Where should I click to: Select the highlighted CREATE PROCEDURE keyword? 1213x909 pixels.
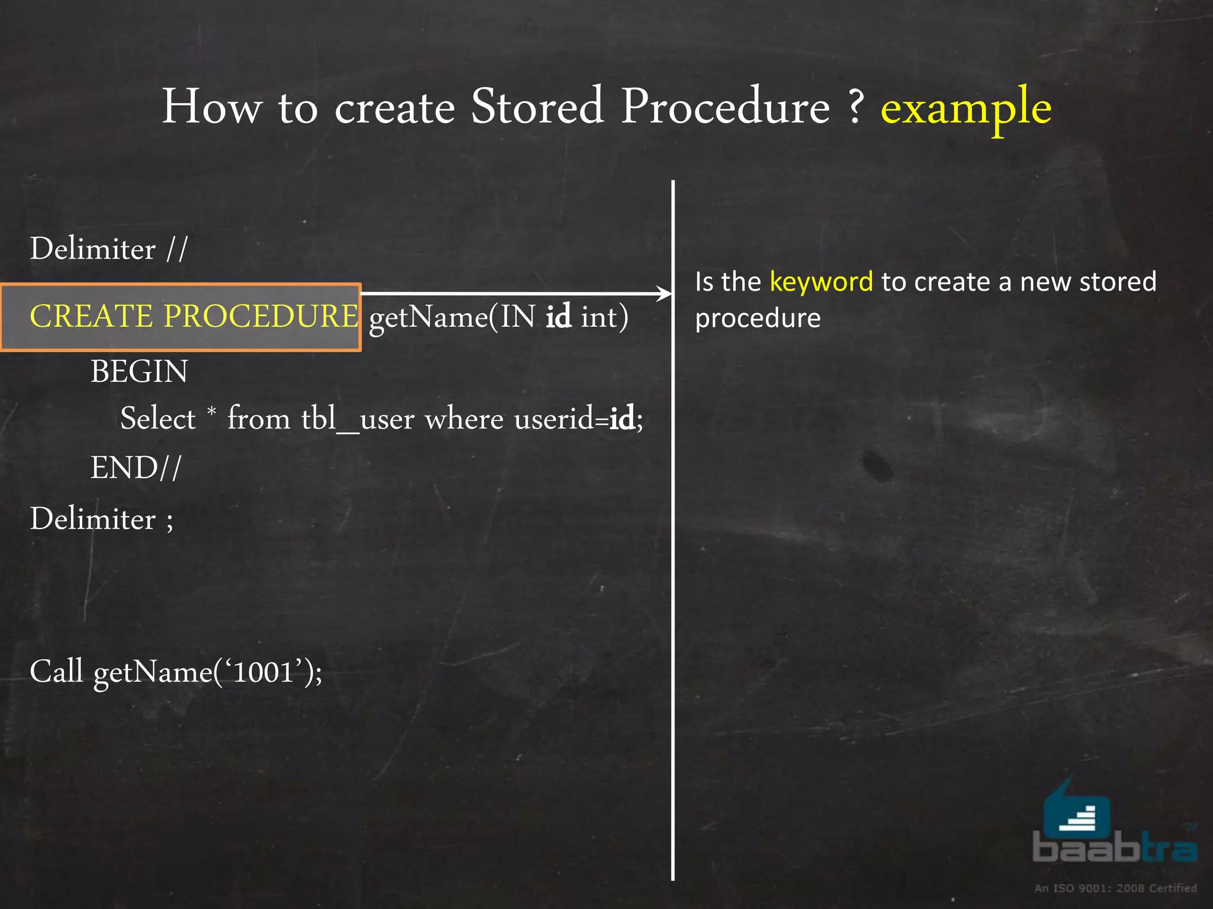194,316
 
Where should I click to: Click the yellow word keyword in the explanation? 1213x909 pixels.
821,282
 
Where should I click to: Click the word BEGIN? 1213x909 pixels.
139,372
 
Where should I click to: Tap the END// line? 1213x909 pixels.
136,468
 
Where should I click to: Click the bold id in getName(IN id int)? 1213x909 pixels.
558,317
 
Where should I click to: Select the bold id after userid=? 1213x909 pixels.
622,419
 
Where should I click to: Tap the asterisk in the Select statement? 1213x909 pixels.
211,410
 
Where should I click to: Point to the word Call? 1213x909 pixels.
56,672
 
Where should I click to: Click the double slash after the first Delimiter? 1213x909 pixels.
177,249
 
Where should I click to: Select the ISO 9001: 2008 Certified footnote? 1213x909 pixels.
1115,888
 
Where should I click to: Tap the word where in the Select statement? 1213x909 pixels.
464,419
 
